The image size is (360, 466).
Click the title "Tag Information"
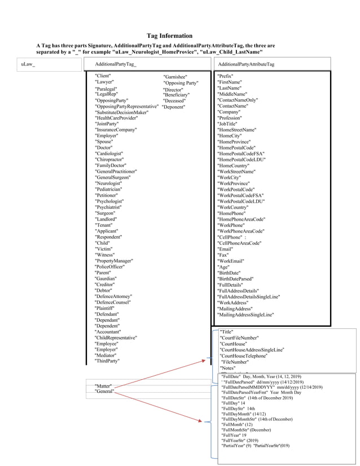pos(169,36)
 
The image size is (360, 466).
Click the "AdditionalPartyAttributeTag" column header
pos(246,64)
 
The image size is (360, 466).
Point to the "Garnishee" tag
pos(175,77)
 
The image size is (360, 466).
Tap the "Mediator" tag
pos(107,355)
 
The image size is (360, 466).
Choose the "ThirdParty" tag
pos(107,361)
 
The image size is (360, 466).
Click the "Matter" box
pos(103,386)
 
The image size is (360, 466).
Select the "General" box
pos(104,391)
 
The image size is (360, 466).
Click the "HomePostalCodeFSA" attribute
pos(241,153)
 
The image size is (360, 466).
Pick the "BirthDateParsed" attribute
pos(235,279)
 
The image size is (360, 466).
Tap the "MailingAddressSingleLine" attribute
pos(245,314)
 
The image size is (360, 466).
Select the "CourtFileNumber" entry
pos(239,338)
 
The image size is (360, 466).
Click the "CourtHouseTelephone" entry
pos(244,356)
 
